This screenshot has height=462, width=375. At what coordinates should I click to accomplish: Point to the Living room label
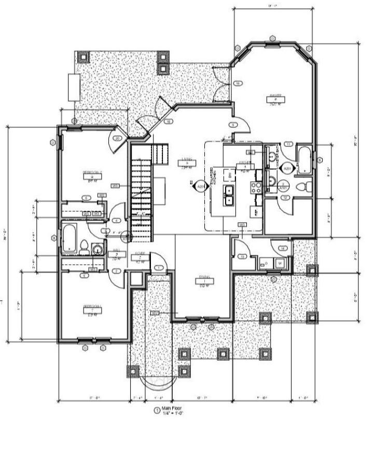(x=187, y=159)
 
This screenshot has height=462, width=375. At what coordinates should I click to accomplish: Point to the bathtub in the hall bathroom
(x=67, y=238)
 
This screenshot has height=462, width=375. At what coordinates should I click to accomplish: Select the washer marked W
(x=280, y=263)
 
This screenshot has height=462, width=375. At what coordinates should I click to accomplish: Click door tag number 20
(x=118, y=139)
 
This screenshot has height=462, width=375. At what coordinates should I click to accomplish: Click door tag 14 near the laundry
(x=283, y=249)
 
